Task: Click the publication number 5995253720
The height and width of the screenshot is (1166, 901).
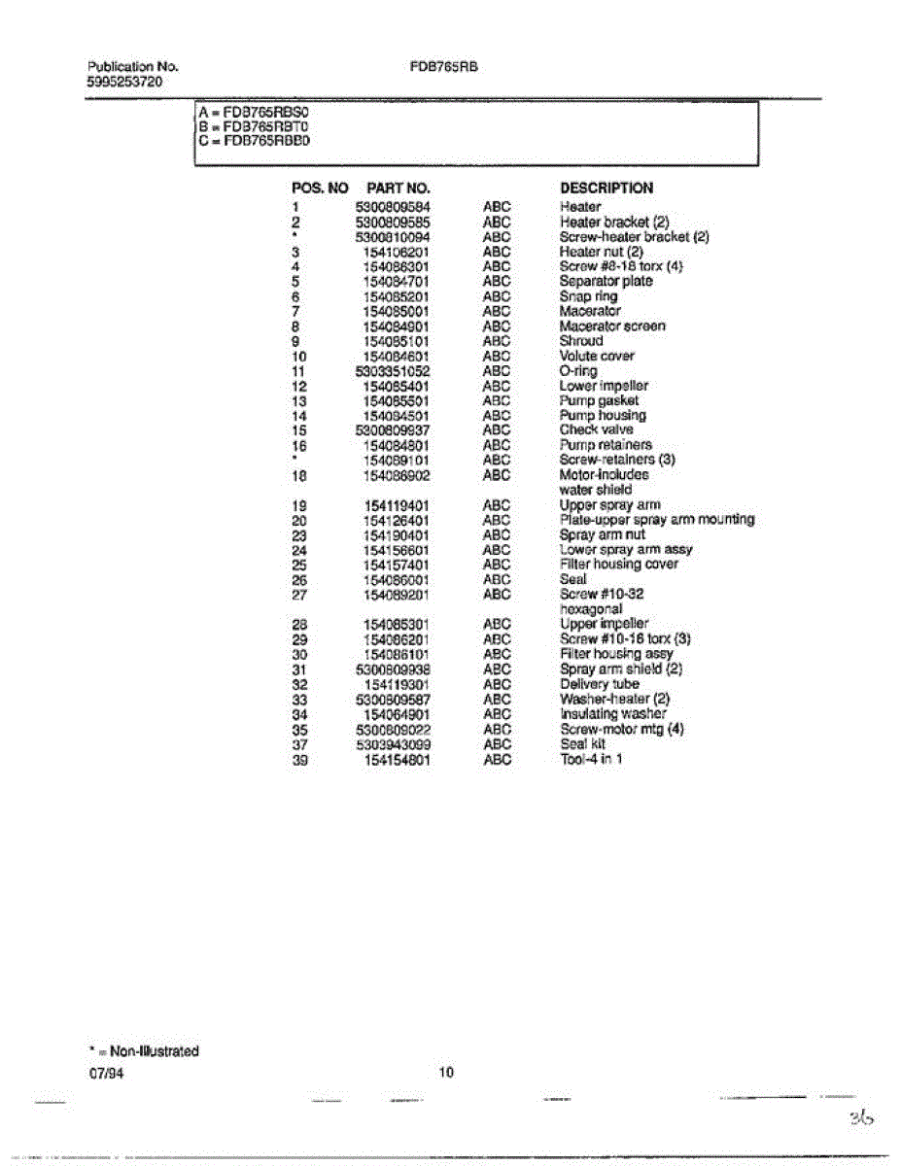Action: click(124, 83)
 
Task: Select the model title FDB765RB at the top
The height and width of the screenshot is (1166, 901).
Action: click(445, 68)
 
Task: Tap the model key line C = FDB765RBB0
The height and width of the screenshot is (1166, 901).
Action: click(254, 140)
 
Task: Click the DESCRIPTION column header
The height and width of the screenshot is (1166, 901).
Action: click(606, 189)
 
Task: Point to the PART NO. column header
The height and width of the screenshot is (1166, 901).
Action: click(399, 189)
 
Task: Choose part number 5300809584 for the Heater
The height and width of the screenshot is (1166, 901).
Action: click(393, 207)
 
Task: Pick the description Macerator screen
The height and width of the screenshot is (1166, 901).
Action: click(612, 326)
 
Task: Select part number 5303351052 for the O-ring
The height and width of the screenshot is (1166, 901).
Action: click(393, 370)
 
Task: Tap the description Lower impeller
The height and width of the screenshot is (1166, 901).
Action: click(604, 386)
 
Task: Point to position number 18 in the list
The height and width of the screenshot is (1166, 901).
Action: click(299, 475)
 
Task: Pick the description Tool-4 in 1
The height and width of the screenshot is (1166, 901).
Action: click(591, 759)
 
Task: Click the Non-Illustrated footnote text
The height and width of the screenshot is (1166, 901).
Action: click(143, 1051)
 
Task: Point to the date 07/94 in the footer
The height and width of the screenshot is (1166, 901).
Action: click(106, 1076)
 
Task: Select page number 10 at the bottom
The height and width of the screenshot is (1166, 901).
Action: click(445, 1074)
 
